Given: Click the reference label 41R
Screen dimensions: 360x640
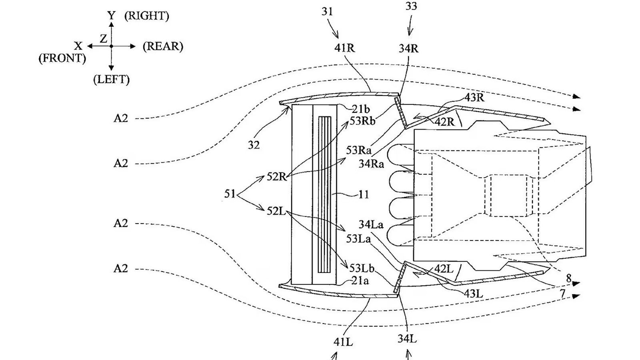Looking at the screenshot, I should pos(345,48).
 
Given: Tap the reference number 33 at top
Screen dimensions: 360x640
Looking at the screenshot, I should pos(411,7).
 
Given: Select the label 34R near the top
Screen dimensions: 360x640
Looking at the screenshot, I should pos(408,49).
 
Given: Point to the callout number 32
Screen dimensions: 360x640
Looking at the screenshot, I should pos(254,145).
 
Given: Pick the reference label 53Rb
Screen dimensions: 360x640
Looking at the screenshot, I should pos(362,121).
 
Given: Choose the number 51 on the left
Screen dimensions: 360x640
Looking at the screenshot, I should pos(230,194).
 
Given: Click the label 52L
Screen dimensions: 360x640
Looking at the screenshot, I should pos(276,210).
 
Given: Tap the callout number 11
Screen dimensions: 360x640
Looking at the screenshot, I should pos(364,195).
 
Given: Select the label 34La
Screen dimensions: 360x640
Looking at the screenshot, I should pos(371,225).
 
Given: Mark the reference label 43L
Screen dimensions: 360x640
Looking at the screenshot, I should pos(473,294).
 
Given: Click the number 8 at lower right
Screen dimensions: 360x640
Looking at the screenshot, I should pos(569,278).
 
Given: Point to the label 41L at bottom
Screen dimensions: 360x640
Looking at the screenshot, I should pos(343,342).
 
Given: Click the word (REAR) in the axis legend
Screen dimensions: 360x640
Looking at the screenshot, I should pos(163,46).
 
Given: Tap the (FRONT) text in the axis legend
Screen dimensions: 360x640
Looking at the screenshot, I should pos(62,58).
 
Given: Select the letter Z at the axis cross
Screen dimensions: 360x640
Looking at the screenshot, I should pos(104,39).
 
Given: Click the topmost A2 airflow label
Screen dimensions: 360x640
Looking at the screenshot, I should pos(121,118).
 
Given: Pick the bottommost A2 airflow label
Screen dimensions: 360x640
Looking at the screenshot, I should pos(121,268).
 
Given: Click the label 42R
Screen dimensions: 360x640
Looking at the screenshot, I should pos(445,122).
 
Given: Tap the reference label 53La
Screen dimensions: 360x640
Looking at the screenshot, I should pos(358,239).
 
